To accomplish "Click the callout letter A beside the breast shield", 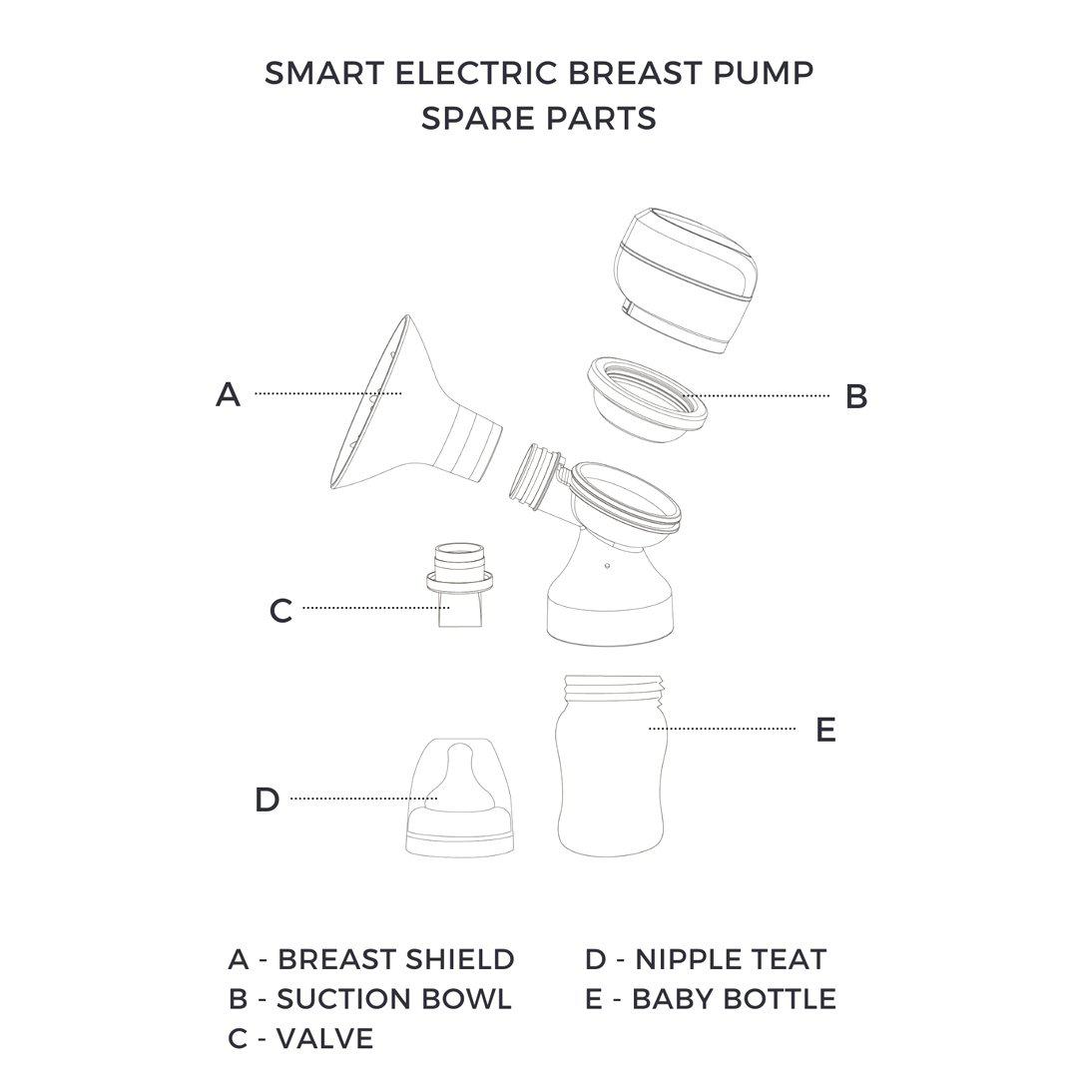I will pos(229,394).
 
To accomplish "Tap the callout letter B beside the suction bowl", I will pos(855,396).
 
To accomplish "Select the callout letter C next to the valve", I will pos(280,610).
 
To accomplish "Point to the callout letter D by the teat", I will pos(267,800).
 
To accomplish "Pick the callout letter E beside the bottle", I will pos(825,730).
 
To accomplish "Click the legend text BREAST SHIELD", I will pos(395,959).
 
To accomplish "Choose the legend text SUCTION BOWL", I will pos(393,998).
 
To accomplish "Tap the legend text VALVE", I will pos(324,1038).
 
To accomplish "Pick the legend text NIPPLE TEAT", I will pos(731,959).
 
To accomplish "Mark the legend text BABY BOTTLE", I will pos(734,998).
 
